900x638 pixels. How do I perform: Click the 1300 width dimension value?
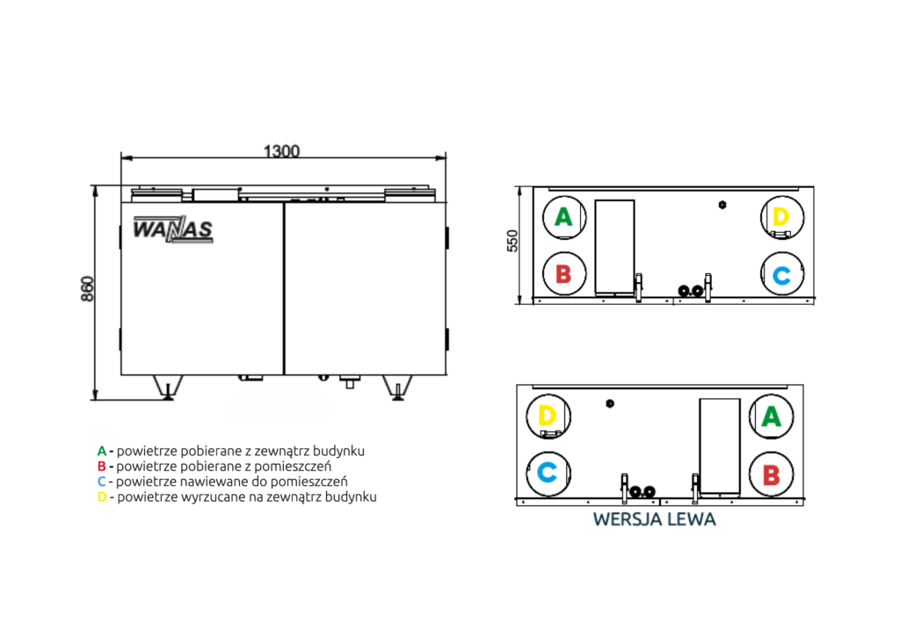pos(281,151)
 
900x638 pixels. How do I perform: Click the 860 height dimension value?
pos(87,288)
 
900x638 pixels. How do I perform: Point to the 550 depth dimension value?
pos(512,241)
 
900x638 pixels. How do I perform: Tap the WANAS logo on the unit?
pos(173,228)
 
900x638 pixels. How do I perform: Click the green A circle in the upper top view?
pos(564,217)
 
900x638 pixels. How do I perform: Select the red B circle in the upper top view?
pos(564,273)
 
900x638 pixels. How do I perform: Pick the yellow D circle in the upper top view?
pos(781,217)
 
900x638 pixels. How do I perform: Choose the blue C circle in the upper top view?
pos(781,273)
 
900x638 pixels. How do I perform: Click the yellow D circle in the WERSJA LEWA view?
pos(548,417)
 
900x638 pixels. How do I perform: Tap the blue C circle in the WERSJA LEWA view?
pos(548,474)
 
